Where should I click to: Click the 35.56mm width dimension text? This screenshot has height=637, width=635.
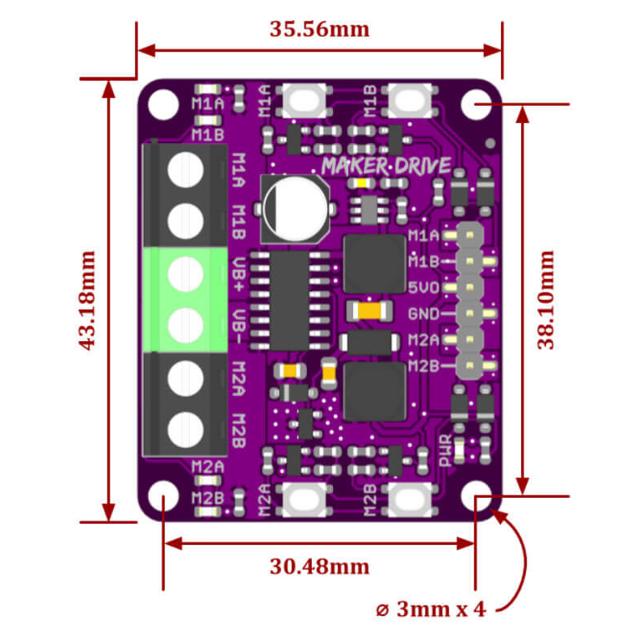tap(319, 29)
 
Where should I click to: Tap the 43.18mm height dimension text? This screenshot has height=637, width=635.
tap(86, 300)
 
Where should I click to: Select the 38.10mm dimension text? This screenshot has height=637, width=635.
tap(547, 300)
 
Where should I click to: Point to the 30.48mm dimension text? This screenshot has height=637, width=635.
tap(319, 566)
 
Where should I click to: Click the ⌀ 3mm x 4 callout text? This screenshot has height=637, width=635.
tap(431, 609)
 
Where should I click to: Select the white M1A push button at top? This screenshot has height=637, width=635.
tap(303, 101)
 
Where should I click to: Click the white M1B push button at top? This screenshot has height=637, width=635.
tap(408, 101)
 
